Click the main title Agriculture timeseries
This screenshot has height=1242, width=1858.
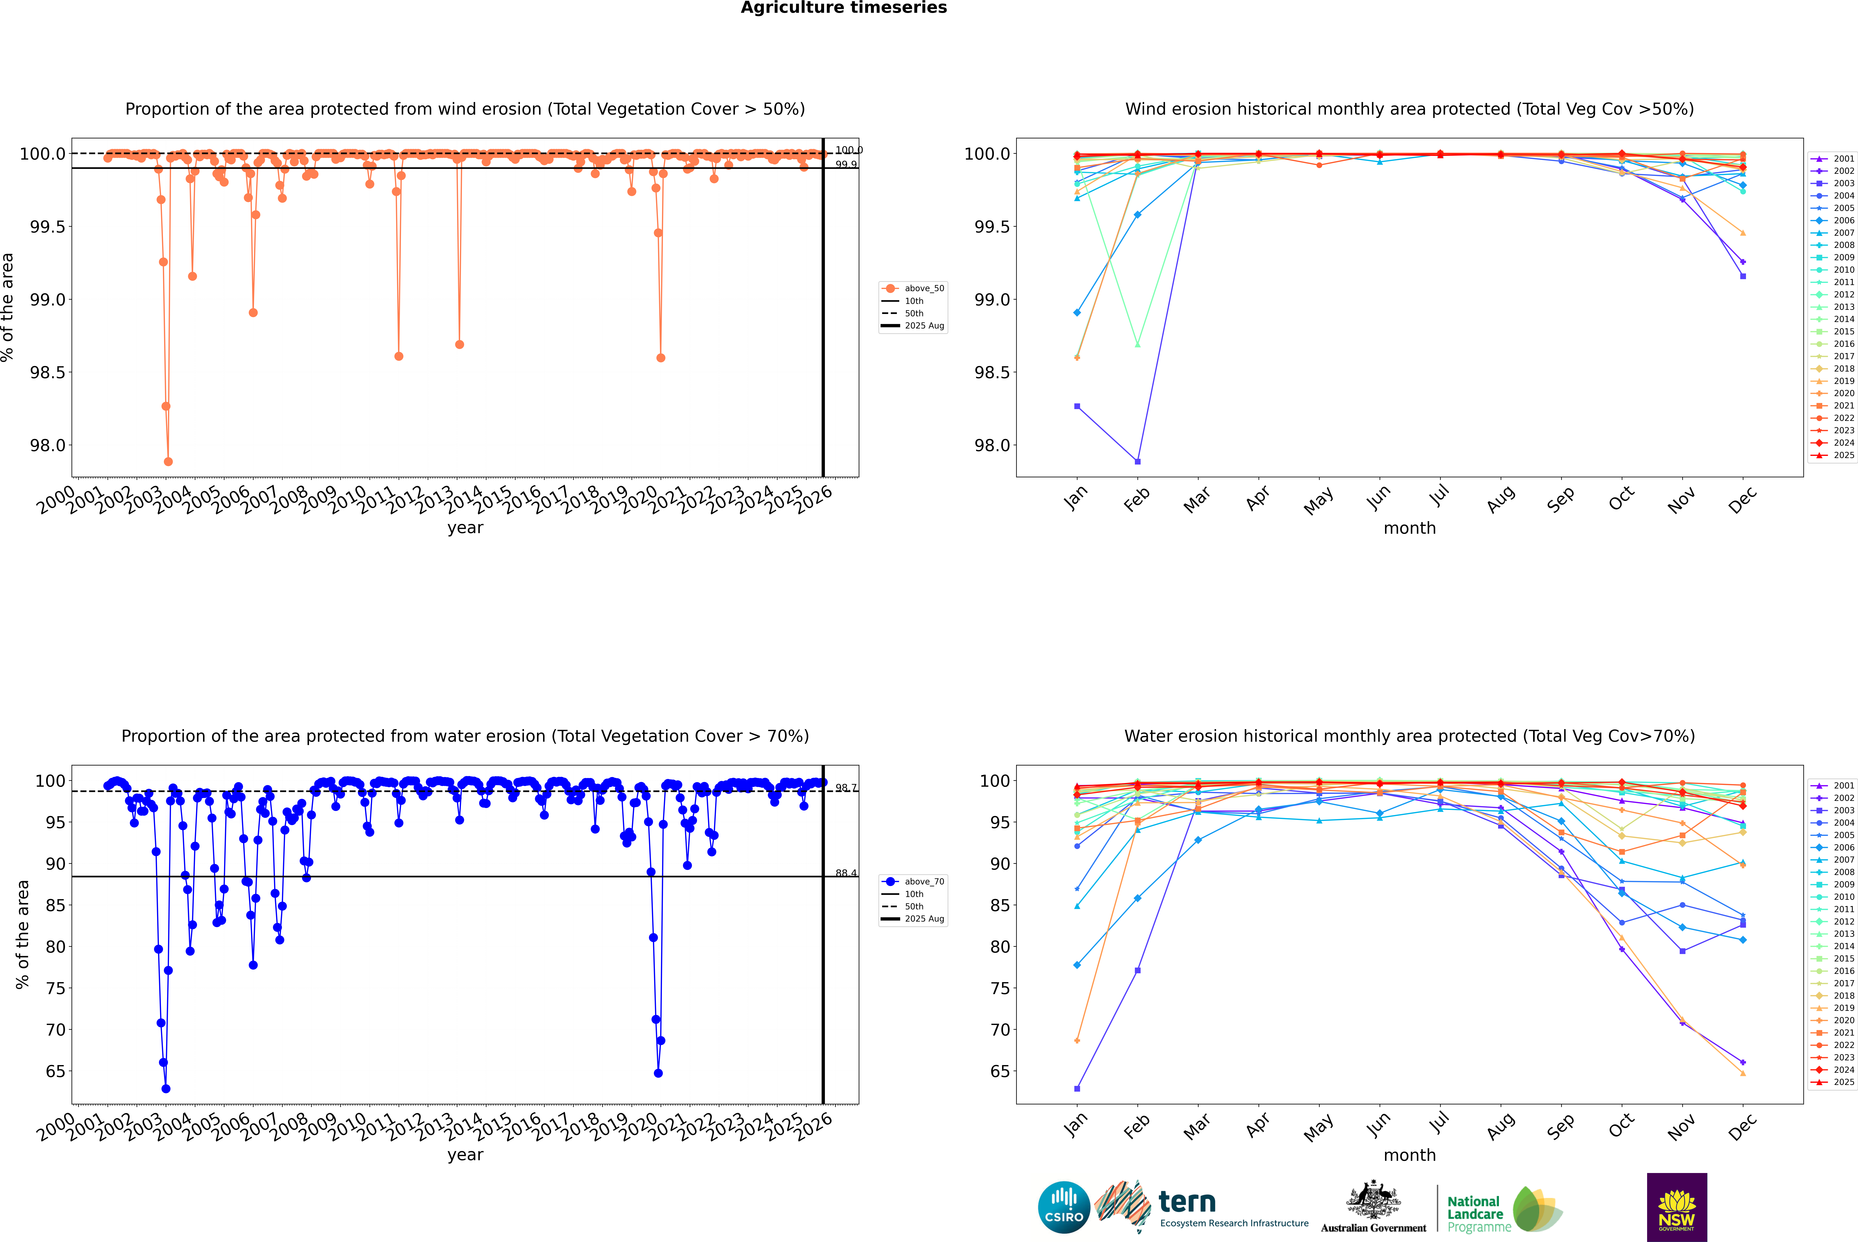pos(843,8)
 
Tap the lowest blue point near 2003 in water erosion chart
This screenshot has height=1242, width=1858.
pos(165,1088)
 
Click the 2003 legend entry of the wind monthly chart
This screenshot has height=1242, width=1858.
pos(1844,183)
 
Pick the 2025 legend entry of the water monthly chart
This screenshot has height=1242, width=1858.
pos(1844,1082)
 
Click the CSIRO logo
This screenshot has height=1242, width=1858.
pos(1064,1207)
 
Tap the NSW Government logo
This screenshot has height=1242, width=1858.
pos(1677,1207)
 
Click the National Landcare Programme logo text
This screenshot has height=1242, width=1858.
pos(1475,1213)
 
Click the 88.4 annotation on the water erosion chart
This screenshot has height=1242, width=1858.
pos(846,873)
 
